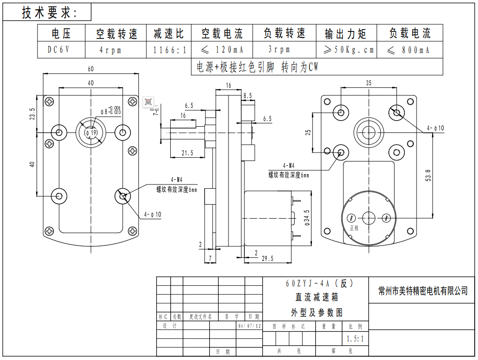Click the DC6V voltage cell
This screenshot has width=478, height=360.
pyautogui.click(x=59, y=49)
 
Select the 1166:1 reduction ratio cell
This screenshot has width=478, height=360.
pyautogui.click(x=170, y=50)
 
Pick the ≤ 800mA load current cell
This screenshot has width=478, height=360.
pyautogui.click(x=409, y=50)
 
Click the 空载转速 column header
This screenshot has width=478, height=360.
pyautogui.click(x=117, y=34)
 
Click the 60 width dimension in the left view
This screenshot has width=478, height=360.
pyautogui.click(x=91, y=69)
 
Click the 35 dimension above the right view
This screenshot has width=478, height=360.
pyautogui.click(x=369, y=83)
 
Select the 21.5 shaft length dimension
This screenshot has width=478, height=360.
pyautogui.click(x=187, y=153)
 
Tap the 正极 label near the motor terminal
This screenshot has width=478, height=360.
pyautogui.click(x=354, y=228)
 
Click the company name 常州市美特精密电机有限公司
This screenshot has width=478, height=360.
pyautogui.click(x=423, y=291)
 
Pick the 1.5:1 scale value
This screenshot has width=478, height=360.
pyautogui.click(x=355, y=338)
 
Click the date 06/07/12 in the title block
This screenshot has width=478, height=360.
pyautogui.click(x=250, y=326)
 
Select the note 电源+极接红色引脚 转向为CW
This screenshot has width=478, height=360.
pyautogui.click(x=257, y=68)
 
